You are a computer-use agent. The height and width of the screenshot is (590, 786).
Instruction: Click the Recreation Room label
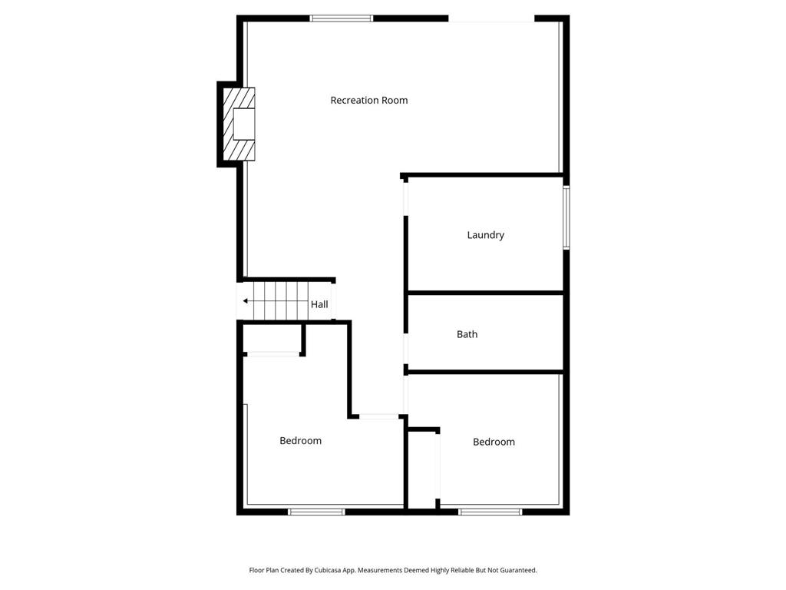[x=368, y=100]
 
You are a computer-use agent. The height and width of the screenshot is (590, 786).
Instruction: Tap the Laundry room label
[x=485, y=235]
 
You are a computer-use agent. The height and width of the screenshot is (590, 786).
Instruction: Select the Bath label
[x=467, y=334]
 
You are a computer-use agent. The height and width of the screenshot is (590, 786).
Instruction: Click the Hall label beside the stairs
[x=319, y=305]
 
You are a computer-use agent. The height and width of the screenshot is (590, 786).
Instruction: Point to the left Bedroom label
[x=300, y=441]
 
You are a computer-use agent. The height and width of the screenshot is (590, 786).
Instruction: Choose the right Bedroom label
[x=494, y=442]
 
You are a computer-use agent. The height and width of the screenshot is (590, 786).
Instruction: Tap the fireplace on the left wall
[x=239, y=124]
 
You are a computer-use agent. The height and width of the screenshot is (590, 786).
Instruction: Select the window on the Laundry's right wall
[x=566, y=217]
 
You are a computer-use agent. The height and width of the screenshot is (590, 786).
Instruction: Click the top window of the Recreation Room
[x=342, y=18]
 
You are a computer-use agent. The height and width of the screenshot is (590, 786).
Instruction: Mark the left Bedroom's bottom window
[x=316, y=511]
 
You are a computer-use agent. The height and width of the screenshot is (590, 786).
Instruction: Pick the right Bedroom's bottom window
[x=490, y=511]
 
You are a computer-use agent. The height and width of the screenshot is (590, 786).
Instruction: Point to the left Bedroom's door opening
[x=378, y=416]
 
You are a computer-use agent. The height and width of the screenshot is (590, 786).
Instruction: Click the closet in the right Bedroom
[x=423, y=469]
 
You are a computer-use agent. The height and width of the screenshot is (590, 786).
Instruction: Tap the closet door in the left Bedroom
[x=272, y=354]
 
